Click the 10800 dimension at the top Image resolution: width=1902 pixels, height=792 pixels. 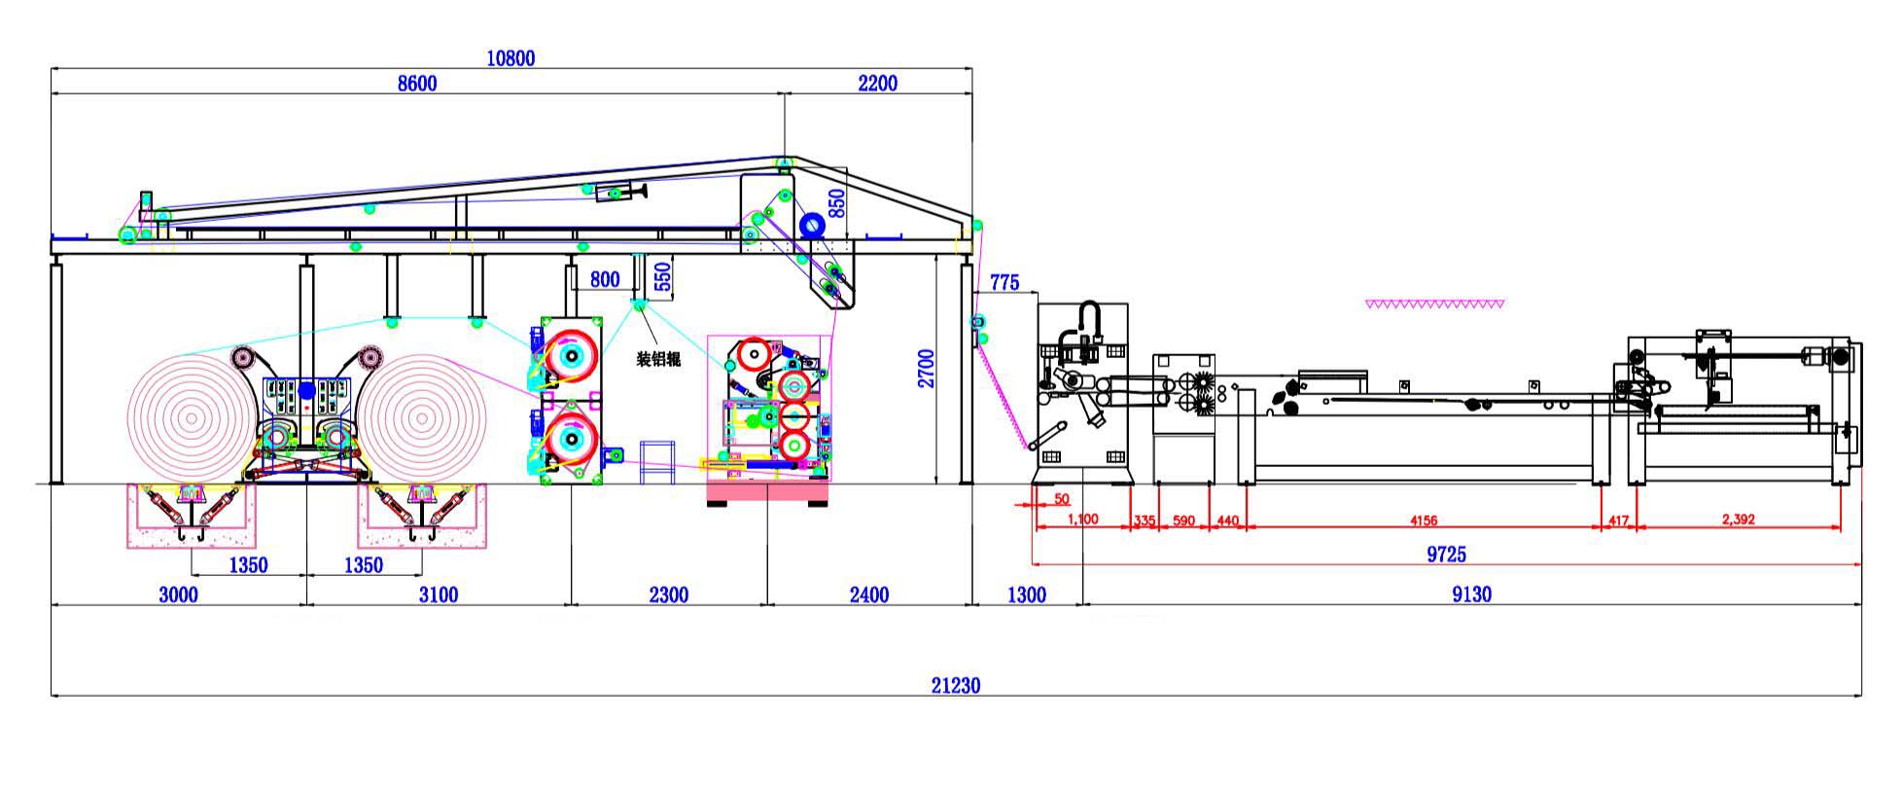tap(511, 58)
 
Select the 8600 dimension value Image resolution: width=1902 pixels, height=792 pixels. tap(417, 84)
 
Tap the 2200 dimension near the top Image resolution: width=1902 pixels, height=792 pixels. tap(877, 84)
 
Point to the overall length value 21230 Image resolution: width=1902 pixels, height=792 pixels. tap(956, 685)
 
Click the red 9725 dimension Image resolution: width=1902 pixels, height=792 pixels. tap(1446, 554)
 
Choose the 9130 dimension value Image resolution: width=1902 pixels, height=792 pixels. tap(1471, 594)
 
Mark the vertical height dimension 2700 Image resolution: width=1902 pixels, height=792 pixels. tap(926, 369)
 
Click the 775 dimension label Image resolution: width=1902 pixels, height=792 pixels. tap(1004, 282)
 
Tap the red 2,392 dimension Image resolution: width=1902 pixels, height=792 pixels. tap(1738, 520)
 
